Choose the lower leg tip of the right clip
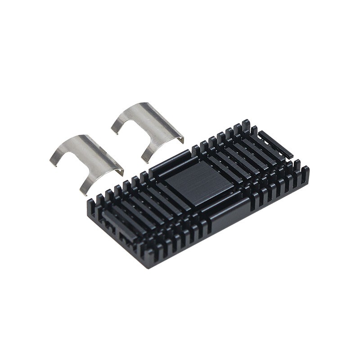[146, 160]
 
